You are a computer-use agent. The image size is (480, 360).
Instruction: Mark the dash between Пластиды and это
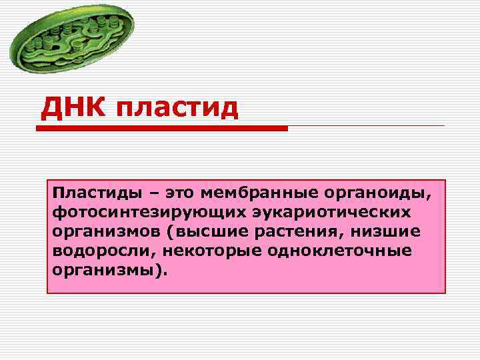[155, 193]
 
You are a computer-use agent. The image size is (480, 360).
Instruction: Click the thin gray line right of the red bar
[367, 126]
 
